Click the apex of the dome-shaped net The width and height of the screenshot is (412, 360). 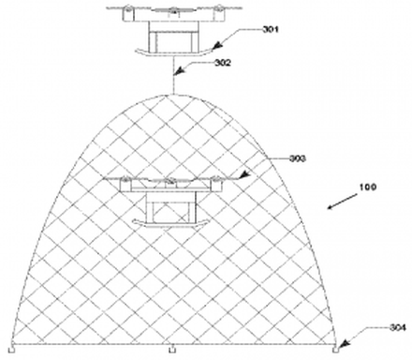[173, 93]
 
